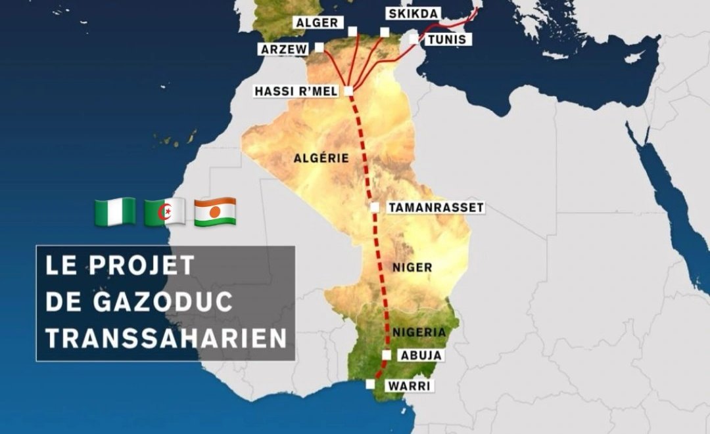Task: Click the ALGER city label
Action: [x=317, y=23]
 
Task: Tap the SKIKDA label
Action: [x=413, y=14]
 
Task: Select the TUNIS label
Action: [x=446, y=39]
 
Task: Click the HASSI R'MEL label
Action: [x=296, y=91]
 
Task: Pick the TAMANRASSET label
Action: [x=435, y=207]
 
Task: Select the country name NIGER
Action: [x=412, y=267]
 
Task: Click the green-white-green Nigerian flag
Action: [x=115, y=211]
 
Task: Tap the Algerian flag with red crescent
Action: [x=164, y=211]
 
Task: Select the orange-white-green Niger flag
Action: [x=215, y=211]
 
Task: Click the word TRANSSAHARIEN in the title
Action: [x=166, y=337]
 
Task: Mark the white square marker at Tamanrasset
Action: [x=374, y=207]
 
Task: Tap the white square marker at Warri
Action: [x=371, y=384]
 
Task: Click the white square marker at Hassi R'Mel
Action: [x=348, y=91]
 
